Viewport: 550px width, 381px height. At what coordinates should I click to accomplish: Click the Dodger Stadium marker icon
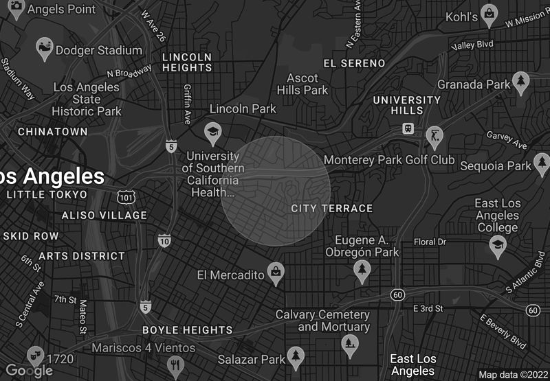(x=45, y=48)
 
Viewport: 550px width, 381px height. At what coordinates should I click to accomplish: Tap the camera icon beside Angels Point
(x=16, y=8)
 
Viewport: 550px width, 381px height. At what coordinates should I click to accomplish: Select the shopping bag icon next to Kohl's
(x=489, y=13)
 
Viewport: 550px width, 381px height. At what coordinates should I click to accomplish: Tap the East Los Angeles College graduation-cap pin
(x=497, y=244)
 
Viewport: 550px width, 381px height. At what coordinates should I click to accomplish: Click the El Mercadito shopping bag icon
(x=275, y=272)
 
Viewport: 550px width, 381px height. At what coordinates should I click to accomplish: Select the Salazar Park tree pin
(x=296, y=356)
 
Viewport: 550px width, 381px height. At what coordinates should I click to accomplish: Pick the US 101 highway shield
(x=126, y=198)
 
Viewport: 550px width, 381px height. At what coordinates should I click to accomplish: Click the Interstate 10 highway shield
(x=164, y=240)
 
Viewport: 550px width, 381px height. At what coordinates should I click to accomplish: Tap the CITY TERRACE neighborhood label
(x=331, y=208)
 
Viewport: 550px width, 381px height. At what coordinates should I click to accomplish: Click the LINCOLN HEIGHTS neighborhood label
(x=187, y=62)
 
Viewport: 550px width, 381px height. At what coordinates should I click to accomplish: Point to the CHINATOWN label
(x=53, y=131)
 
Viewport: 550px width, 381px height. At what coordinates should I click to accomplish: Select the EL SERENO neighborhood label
(x=354, y=63)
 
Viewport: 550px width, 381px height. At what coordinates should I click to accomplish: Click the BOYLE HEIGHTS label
(x=187, y=330)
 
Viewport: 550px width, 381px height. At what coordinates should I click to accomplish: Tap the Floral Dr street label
(x=430, y=242)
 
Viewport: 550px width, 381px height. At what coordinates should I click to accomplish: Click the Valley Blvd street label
(x=472, y=45)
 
